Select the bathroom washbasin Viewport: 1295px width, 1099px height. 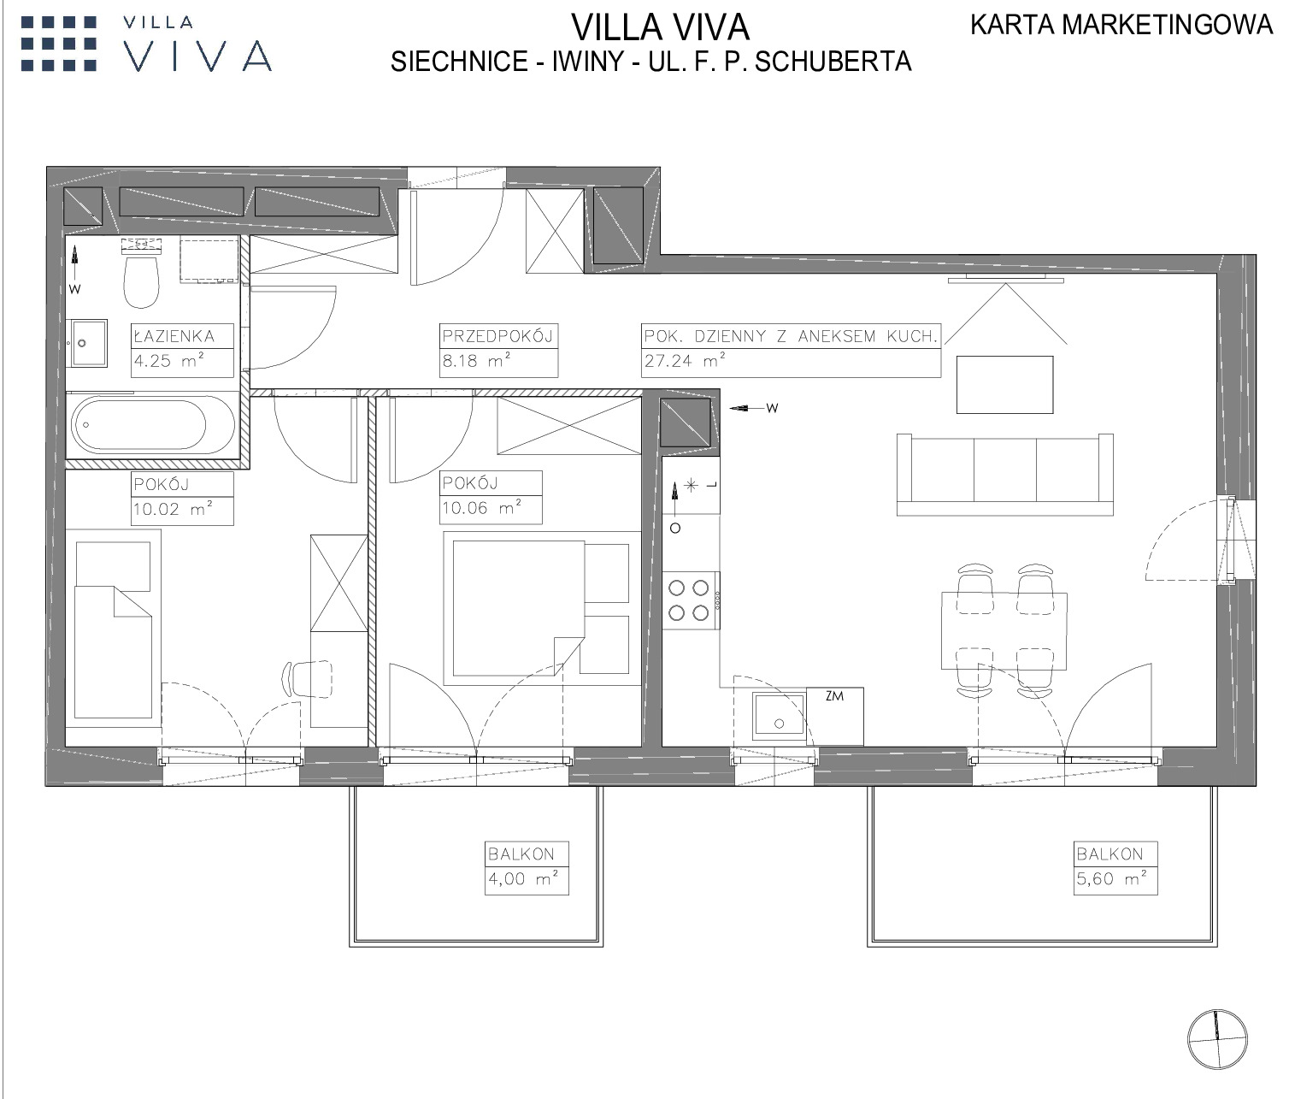click(x=88, y=343)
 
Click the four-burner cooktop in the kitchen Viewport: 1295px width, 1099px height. click(x=691, y=600)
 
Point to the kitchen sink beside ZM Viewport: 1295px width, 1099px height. click(x=779, y=713)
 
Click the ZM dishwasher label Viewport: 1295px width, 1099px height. click(x=834, y=696)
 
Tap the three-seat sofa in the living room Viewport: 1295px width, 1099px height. click(x=1005, y=475)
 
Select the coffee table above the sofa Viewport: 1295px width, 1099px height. click(x=1005, y=384)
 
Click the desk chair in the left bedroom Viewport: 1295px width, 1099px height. click(x=308, y=678)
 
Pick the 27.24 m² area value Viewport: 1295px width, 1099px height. click(x=685, y=361)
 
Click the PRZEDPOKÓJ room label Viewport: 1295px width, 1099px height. click(x=498, y=337)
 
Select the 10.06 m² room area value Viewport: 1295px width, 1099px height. click(x=482, y=508)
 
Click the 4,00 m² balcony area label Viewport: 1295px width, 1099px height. click(x=523, y=878)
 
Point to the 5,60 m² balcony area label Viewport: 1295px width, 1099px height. click(x=1112, y=878)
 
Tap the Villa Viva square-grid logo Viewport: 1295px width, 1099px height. click(x=59, y=44)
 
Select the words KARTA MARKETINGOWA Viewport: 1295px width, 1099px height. click(x=1121, y=25)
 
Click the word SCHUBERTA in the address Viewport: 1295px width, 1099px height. click(x=833, y=62)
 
